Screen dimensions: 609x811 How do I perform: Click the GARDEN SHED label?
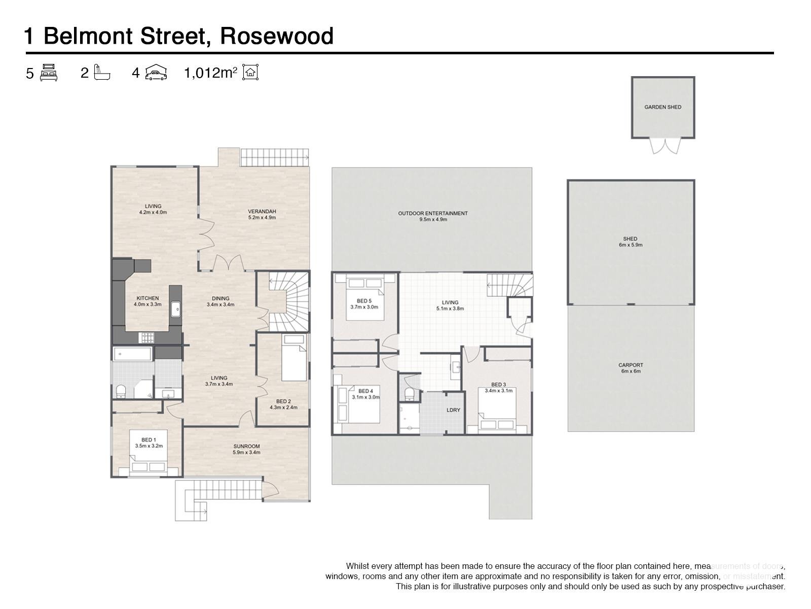pos(662,107)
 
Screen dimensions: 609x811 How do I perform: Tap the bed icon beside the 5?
pos(49,73)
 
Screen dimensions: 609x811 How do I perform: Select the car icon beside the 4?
pos(156,73)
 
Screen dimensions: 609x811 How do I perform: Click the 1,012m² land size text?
pos(210,73)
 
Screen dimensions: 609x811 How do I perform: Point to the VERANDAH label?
pos(262,214)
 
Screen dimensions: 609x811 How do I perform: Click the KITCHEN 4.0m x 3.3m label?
pos(147,301)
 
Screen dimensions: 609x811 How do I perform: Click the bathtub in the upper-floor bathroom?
pos(132,354)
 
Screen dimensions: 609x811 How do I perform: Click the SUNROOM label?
pos(246,449)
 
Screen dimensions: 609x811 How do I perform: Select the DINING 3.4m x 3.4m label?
pos(220,301)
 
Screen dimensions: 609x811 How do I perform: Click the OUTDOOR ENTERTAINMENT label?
pos(432,216)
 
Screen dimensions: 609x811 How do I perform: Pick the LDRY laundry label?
pos(453,410)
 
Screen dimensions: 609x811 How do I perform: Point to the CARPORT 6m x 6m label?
pos(631,368)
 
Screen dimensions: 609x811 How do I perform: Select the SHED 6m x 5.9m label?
pos(630,242)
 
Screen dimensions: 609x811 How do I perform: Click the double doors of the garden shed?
pos(663,146)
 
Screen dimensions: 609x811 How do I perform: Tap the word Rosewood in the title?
pos(277,36)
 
